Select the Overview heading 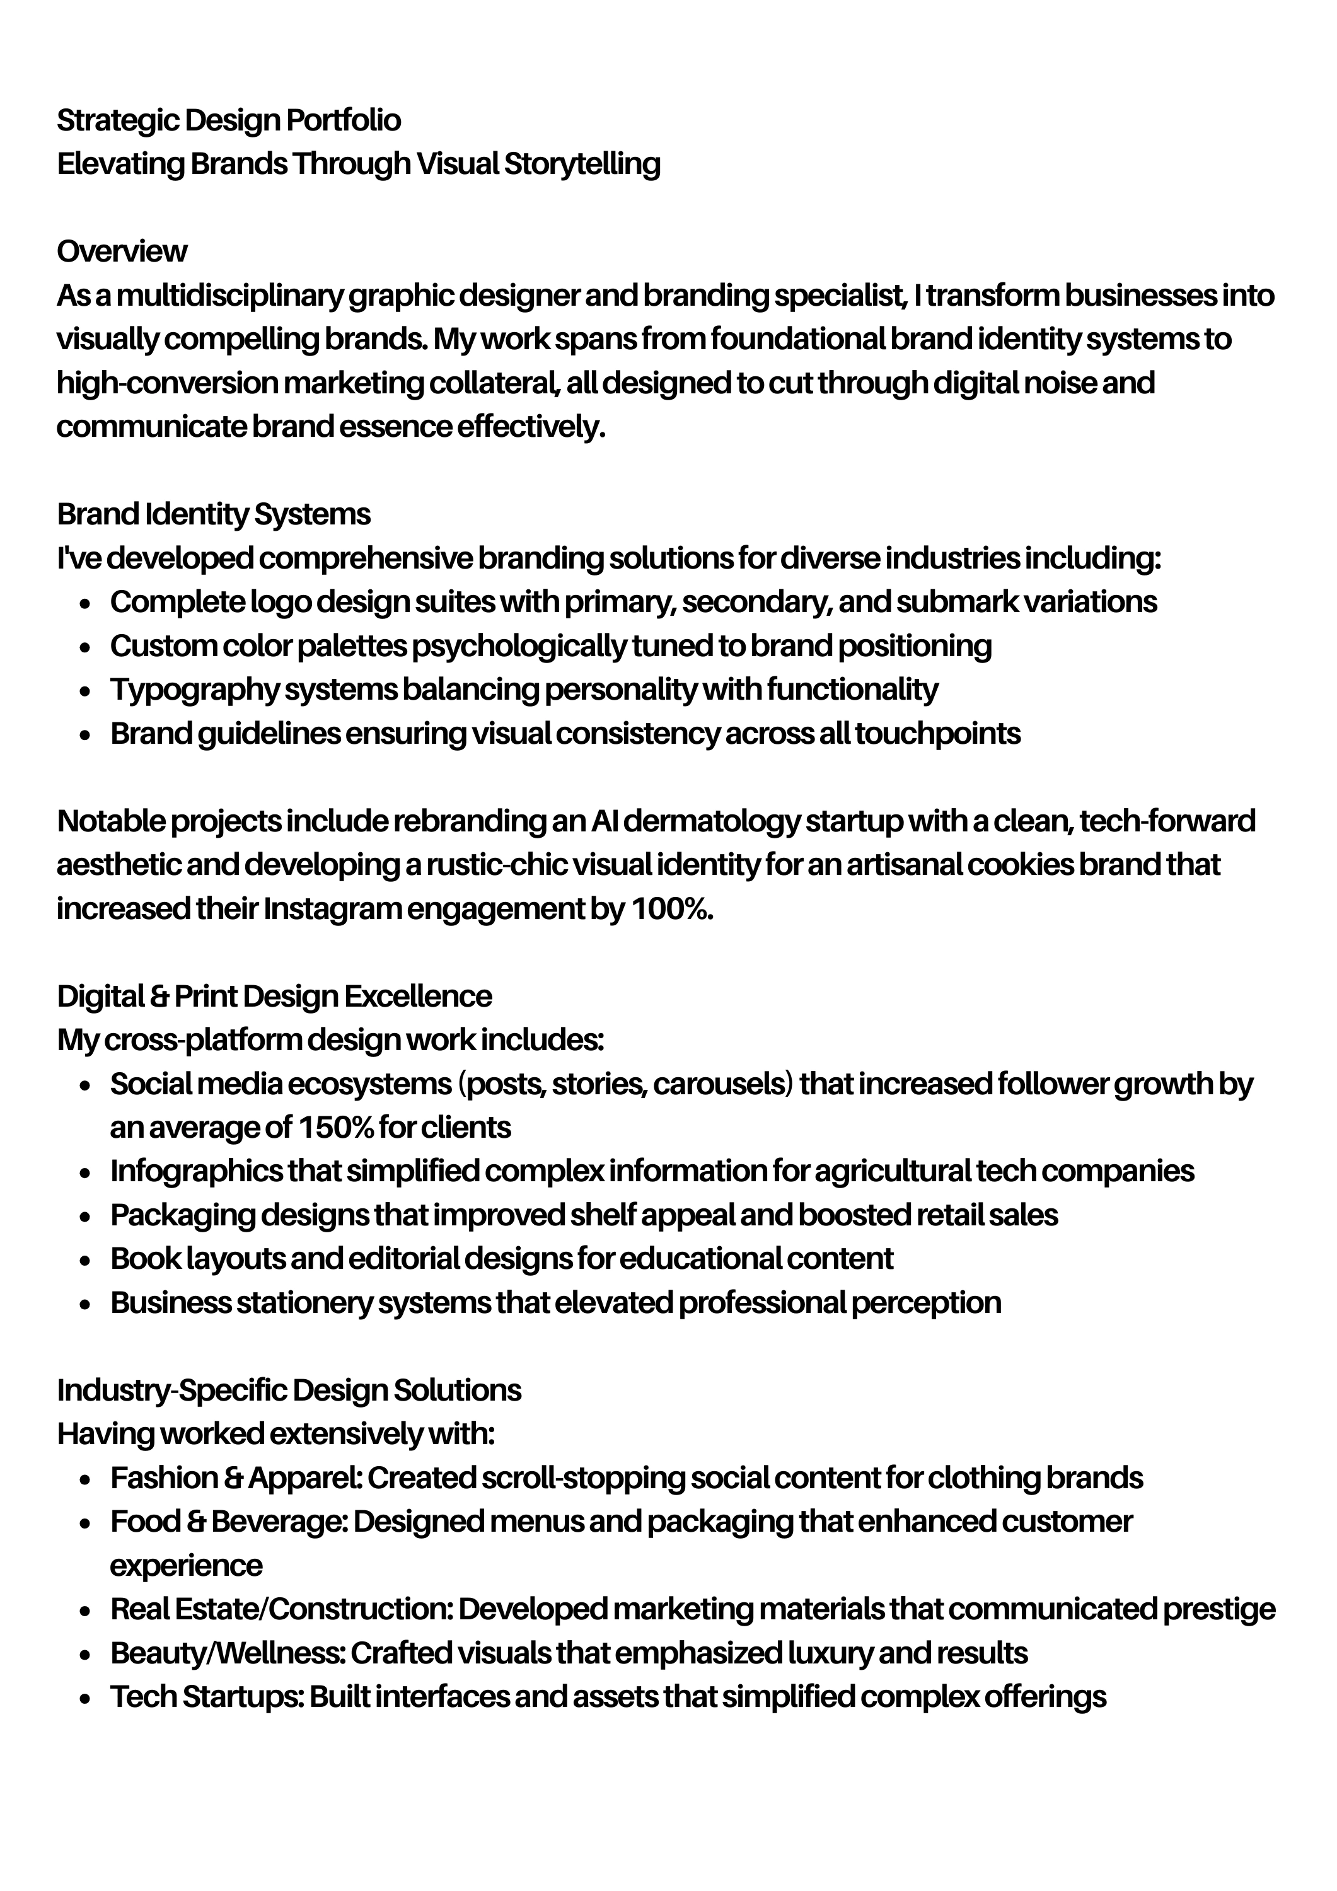point(122,252)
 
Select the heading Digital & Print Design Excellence point(274,997)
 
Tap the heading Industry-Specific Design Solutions point(289,1391)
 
